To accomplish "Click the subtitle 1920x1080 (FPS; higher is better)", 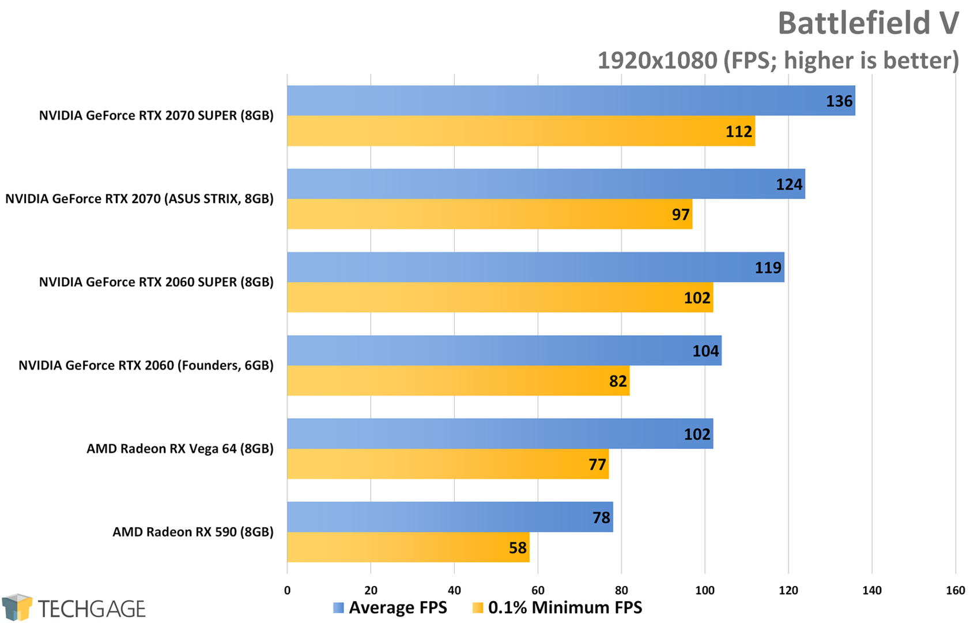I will tap(777, 61).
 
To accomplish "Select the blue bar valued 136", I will tap(571, 101).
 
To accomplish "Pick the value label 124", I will tap(788, 185).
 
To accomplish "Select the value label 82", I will tap(618, 381).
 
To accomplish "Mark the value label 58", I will tap(518, 548).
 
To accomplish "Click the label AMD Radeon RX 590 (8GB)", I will tap(193, 532).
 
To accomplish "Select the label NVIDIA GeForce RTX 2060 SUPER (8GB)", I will tap(156, 282).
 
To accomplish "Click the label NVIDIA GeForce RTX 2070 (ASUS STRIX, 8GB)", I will tap(139, 199).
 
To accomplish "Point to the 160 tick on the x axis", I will tap(955, 590).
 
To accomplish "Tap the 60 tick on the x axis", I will tap(538, 590).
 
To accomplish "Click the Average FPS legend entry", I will tap(390, 607).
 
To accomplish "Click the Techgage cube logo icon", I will tap(17, 607).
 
